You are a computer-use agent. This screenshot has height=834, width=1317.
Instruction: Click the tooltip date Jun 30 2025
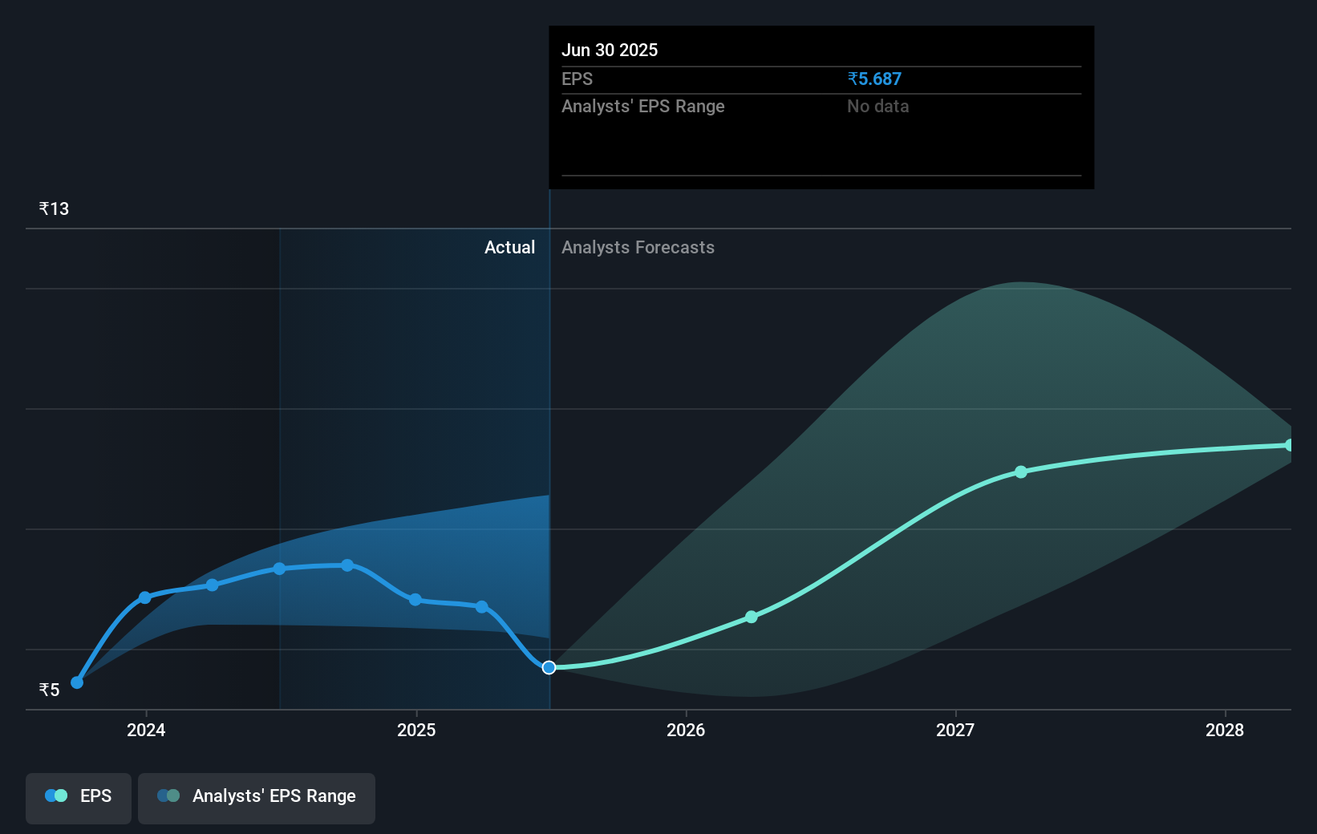pos(609,50)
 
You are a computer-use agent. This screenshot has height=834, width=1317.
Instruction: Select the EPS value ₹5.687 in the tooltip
pos(873,79)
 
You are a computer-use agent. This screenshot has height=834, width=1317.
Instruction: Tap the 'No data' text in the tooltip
pos(877,106)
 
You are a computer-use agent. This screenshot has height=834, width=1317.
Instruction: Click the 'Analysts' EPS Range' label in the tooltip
pos(642,106)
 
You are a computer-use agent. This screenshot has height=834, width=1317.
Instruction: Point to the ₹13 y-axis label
pos(54,208)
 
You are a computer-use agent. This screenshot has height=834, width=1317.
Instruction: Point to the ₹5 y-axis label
pos(49,690)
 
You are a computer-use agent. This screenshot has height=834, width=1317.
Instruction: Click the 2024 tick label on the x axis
pos(146,730)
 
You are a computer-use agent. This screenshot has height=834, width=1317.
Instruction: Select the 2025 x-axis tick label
pos(416,730)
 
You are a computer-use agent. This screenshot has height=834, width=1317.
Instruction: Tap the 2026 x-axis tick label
pos(686,730)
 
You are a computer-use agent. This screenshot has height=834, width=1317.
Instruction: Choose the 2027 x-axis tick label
pos(955,730)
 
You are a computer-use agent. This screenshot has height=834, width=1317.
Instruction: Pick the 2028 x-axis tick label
pos(1225,730)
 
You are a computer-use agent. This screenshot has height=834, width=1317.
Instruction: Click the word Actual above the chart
pos(509,247)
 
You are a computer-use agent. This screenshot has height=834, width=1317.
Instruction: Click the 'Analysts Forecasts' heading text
pos(638,247)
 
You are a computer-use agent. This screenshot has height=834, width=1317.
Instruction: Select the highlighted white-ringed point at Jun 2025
pos(549,667)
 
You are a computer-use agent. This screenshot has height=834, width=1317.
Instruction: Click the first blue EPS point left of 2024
pos(77,682)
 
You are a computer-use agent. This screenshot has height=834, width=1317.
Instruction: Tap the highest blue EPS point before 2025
pos(347,565)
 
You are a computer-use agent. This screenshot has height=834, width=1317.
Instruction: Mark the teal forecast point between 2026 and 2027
pos(752,617)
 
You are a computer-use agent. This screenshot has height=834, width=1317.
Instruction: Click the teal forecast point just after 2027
pos(1021,472)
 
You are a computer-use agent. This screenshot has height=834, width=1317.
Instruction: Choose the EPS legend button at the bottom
pos(79,796)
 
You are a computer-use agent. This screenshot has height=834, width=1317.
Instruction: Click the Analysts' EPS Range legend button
pos(257,796)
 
